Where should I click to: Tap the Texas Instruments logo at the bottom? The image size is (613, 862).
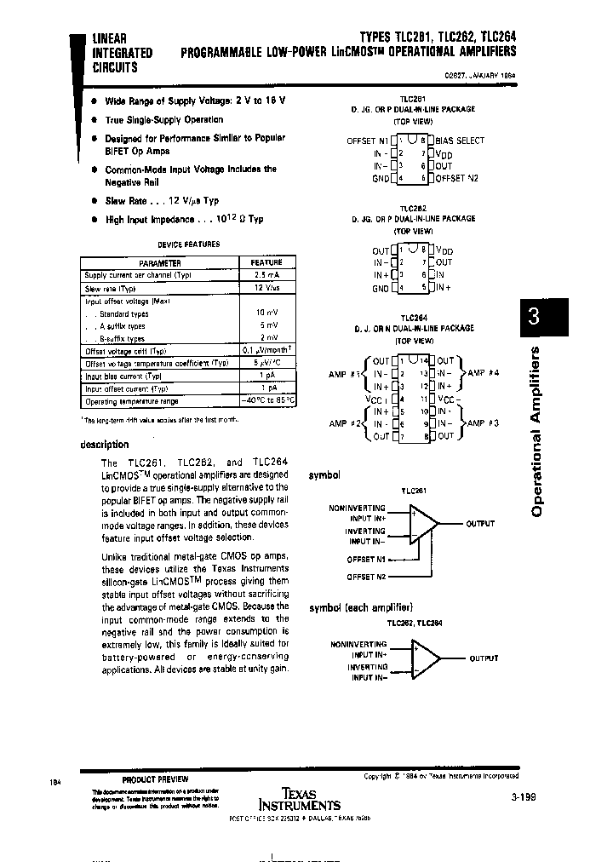[x=299, y=799]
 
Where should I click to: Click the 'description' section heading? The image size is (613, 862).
[x=105, y=444]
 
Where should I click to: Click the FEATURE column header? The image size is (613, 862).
[x=266, y=263]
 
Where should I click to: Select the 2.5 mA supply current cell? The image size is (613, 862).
[x=266, y=276]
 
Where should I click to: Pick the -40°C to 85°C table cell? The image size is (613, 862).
[x=266, y=400]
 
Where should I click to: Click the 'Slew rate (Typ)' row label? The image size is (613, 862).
[x=110, y=289]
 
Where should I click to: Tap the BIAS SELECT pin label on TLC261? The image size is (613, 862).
[x=460, y=141]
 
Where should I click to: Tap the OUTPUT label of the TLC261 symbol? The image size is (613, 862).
[x=480, y=524]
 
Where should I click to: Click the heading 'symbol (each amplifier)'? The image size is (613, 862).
[x=360, y=606]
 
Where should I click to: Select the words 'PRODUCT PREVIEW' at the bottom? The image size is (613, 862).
[x=155, y=779]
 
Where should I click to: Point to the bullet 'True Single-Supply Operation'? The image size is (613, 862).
[x=163, y=120]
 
